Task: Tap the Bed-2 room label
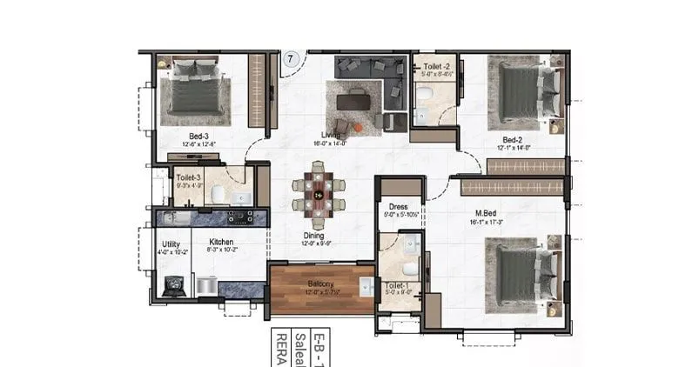[511, 139]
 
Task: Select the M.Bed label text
[487, 213]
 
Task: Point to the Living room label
[330, 135]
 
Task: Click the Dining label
[314, 235]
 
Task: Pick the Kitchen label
[220, 243]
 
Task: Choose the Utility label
[171, 243]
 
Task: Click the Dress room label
[399, 207]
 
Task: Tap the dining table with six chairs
[319, 195]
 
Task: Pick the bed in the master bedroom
[522, 273]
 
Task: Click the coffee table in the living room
[353, 102]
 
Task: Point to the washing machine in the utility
[173, 285]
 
